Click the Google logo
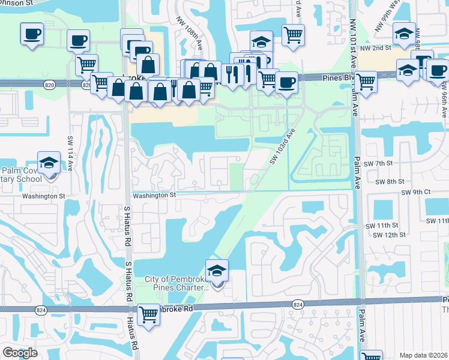click(x=20, y=353)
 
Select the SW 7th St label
click(x=379, y=163)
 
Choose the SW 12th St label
click(x=386, y=235)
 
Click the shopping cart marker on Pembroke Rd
click(x=148, y=313)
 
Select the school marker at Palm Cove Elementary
click(x=49, y=163)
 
